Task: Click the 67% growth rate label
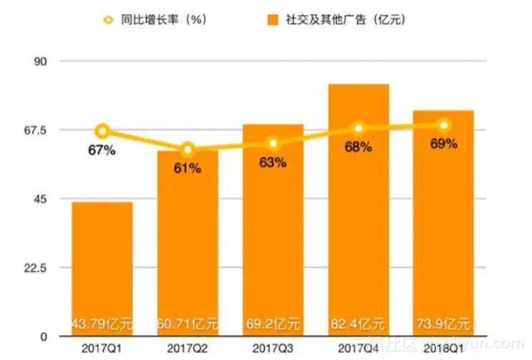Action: (x=102, y=150)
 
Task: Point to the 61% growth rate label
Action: (x=188, y=168)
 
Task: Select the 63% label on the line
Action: (x=273, y=162)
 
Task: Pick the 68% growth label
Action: (x=358, y=147)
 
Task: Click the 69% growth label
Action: (x=444, y=144)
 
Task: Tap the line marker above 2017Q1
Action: (x=102, y=131)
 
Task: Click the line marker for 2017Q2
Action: (x=188, y=150)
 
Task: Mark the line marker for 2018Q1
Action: (x=444, y=125)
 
